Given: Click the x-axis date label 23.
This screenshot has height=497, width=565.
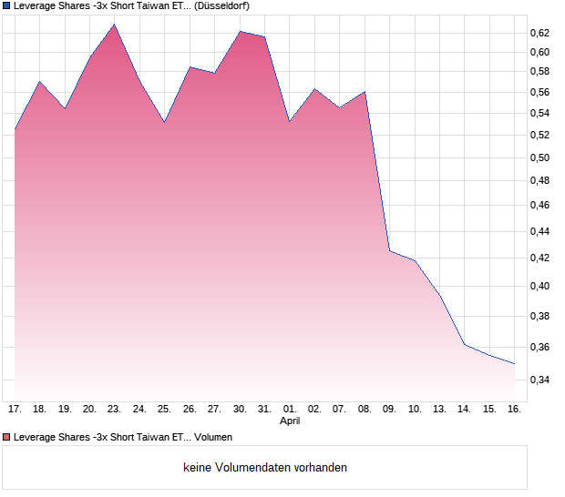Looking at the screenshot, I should (x=114, y=409).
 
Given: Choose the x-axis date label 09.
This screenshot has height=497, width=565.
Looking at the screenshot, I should (x=389, y=409).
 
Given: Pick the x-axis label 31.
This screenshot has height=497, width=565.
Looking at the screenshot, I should (x=264, y=409).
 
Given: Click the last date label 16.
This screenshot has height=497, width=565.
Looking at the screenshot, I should (x=514, y=409).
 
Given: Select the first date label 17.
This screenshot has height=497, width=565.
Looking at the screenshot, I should (x=15, y=409).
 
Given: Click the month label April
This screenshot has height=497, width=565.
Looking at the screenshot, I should (x=289, y=421).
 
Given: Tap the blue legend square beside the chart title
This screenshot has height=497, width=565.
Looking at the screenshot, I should (x=6, y=5).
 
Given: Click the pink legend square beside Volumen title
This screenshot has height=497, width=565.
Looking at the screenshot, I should (x=6, y=438).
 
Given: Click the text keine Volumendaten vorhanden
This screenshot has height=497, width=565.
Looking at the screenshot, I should (x=265, y=467).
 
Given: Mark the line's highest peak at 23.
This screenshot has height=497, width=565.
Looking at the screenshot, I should (x=114, y=25).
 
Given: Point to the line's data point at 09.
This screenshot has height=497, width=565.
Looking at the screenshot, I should (x=389, y=250).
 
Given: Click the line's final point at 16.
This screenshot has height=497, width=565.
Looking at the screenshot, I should (x=514, y=363).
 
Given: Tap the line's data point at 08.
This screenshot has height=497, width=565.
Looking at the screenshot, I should (x=365, y=92).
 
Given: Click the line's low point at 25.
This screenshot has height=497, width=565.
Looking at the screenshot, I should (x=164, y=122).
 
